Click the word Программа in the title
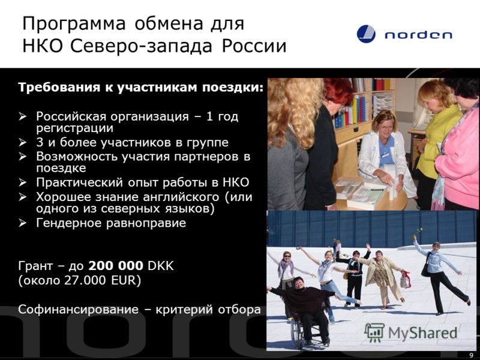pos(74,25)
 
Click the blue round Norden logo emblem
pos(366,34)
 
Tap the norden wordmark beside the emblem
pos(418,35)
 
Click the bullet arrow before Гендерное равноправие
pos(22,223)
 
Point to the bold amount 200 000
pos(116,266)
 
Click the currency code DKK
pos(161,266)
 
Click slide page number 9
pos(472,355)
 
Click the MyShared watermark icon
pos(374,332)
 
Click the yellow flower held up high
pos(419,230)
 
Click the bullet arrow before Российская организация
pos(22,116)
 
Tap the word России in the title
pos(254,46)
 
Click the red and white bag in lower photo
pos(406,279)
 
